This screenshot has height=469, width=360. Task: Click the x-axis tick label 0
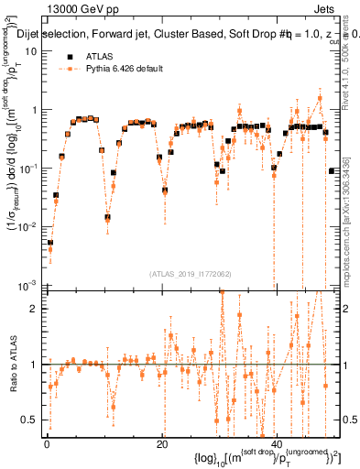pyautogui.click(x=46, y=442)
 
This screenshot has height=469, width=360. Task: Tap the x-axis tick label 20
pyautogui.click(x=161, y=442)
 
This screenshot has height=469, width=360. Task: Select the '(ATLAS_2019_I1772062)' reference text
pyautogui.click(x=191, y=273)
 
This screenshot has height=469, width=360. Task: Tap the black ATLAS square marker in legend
pyautogui.click(x=69, y=55)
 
